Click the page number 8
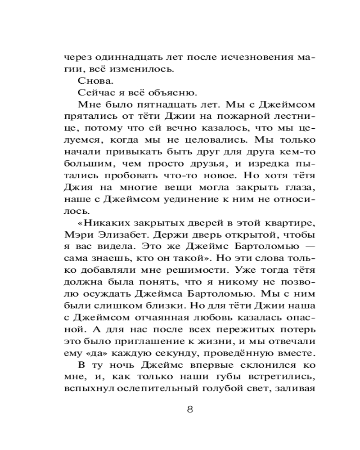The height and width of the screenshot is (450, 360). pos(189,409)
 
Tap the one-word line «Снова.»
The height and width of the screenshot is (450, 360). pos(93,81)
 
